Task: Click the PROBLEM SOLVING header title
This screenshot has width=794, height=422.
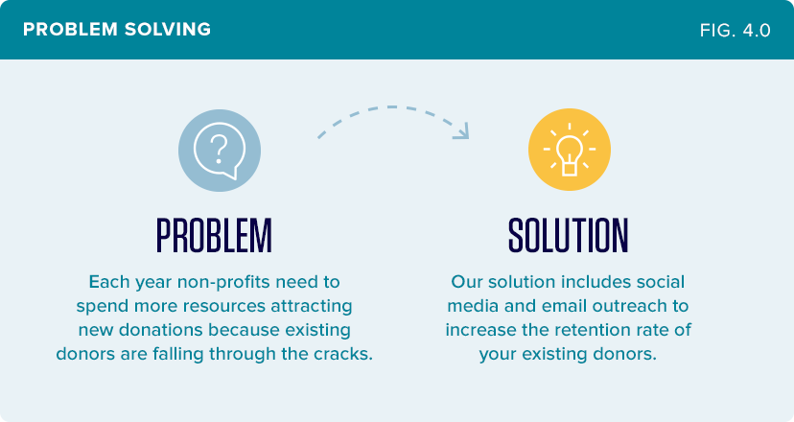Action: pyautogui.click(x=117, y=30)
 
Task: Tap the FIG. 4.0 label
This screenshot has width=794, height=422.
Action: pyautogui.click(x=736, y=31)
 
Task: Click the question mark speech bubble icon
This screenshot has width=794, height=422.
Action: pyautogui.click(x=220, y=151)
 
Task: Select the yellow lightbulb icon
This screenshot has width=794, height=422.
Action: pyautogui.click(x=570, y=150)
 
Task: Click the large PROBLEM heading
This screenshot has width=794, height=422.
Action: pyautogui.click(x=214, y=236)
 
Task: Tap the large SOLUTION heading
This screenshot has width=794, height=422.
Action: pyautogui.click(x=568, y=236)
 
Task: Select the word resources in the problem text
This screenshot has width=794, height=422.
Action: pyautogui.click(x=224, y=306)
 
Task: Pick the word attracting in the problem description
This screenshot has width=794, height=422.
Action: pyautogui.click(x=312, y=307)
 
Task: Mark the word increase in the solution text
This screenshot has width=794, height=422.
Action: pyautogui.click(x=481, y=330)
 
